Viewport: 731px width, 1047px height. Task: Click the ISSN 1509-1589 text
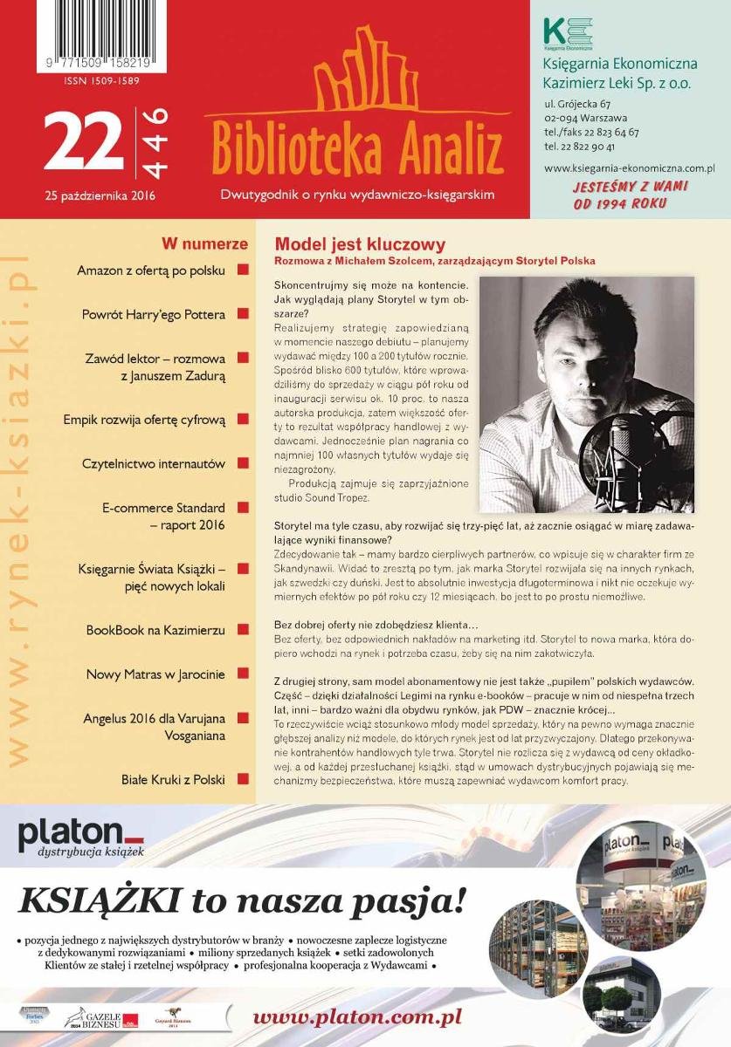coord(102,81)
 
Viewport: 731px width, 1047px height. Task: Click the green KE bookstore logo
coord(567,32)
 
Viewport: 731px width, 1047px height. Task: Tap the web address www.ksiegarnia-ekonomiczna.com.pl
coord(629,168)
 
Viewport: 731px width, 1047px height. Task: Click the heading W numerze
coord(204,244)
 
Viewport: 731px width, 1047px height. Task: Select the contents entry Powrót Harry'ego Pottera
coord(154,314)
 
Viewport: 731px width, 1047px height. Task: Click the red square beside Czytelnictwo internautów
coord(242,463)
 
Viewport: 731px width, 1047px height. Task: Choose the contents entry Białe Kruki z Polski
coord(173,779)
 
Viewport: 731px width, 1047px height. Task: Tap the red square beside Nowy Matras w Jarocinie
coord(242,674)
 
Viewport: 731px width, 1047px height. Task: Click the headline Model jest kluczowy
coord(360,244)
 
